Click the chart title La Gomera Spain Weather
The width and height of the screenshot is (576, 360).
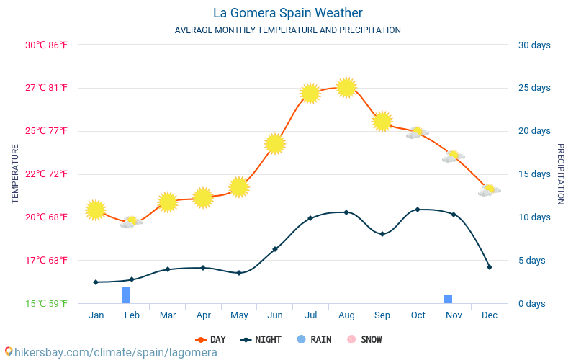(x=288, y=13)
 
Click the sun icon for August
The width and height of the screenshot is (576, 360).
(x=346, y=87)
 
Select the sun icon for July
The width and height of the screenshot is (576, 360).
(x=310, y=93)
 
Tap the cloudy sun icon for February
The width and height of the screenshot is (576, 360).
(x=131, y=222)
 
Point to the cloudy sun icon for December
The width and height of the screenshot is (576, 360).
(x=489, y=190)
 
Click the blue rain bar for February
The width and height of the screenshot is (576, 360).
(x=126, y=294)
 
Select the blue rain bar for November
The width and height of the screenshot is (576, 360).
(x=448, y=299)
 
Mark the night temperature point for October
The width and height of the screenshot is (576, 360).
(x=418, y=210)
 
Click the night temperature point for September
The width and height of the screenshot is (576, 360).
(x=382, y=234)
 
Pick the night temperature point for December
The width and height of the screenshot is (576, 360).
(x=490, y=267)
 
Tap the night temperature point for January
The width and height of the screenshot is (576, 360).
(x=96, y=282)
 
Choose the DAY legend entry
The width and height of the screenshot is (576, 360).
(x=211, y=339)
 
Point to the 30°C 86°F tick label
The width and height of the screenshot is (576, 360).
(x=47, y=45)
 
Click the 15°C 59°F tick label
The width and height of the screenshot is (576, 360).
(x=47, y=303)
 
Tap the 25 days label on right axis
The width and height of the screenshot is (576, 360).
(x=534, y=88)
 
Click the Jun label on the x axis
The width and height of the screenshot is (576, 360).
(x=275, y=315)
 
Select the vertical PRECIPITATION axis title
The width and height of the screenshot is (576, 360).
(x=561, y=174)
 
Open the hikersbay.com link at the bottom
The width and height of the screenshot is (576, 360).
(x=111, y=352)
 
